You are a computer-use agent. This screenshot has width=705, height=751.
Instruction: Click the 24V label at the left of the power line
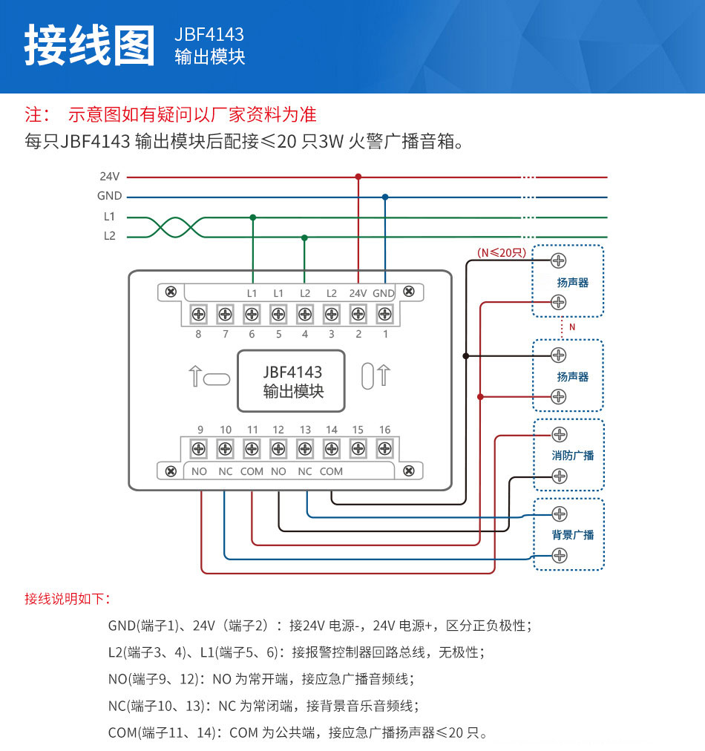(109, 177)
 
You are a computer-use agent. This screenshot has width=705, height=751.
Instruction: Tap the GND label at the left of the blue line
(109, 197)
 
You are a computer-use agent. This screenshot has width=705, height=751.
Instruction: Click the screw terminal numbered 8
(199, 314)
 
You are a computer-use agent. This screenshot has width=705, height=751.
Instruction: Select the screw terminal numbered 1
(384, 314)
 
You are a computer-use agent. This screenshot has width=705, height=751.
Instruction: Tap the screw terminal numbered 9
(199, 448)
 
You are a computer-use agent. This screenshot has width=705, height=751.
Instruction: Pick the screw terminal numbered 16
(384, 448)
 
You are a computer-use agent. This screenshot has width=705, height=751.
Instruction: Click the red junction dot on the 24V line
(358, 177)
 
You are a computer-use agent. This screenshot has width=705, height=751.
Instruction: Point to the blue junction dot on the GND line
(384, 197)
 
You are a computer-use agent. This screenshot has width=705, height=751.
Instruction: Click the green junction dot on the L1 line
(252, 217)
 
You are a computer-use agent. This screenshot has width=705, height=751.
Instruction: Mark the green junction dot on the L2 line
(304, 237)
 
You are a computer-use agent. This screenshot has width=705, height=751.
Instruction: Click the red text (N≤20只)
(501, 252)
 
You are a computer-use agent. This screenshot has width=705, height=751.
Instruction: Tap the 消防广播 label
(573, 455)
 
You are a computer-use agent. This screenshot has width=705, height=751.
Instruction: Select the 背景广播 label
(573, 534)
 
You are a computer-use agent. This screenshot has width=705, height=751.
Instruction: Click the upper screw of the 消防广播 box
(560, 434)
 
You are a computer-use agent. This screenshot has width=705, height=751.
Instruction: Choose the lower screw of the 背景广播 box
(560, 555)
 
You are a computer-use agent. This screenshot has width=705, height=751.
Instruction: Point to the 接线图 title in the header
(89, 46)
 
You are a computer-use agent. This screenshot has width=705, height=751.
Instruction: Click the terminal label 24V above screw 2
(358, 293)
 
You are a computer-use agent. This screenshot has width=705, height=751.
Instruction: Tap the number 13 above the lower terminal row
(305, 430)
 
